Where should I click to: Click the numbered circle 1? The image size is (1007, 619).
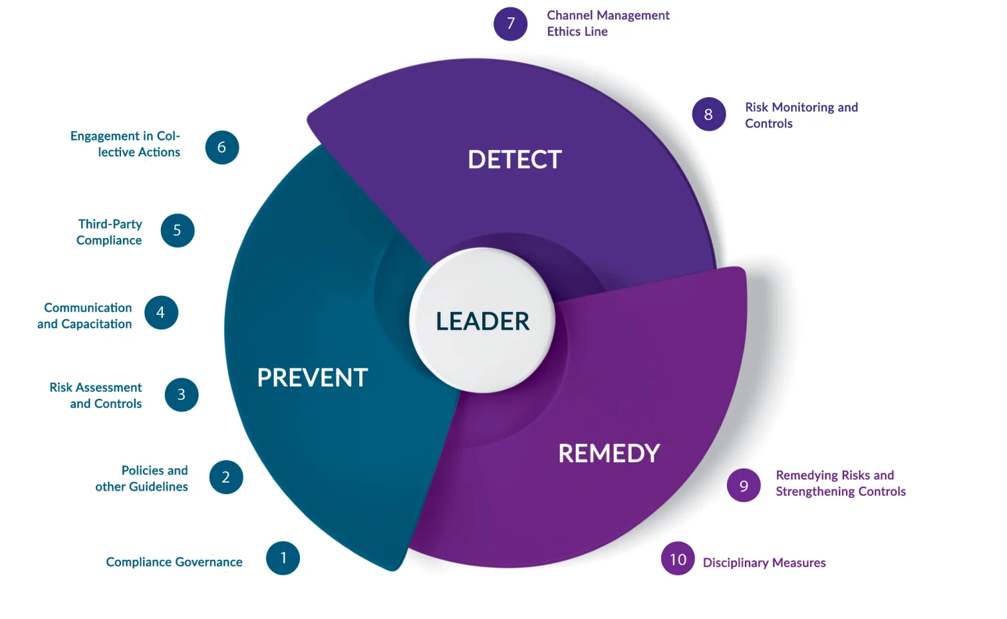283,558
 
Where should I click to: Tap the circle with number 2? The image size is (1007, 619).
226,477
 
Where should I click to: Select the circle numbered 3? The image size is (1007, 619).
182,394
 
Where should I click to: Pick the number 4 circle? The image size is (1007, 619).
162,313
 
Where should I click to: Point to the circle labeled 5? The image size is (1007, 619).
178,230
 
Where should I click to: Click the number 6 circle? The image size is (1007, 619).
222,147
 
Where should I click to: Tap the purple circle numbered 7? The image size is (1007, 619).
511,24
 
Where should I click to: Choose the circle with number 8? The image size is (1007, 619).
709,114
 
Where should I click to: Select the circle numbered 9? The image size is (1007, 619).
744,485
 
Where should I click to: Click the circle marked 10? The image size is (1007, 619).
678,559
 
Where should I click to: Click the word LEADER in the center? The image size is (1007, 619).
483,321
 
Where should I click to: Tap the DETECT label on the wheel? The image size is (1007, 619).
514,160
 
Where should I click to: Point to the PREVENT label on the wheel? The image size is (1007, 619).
312,377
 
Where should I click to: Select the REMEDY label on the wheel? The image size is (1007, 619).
609,453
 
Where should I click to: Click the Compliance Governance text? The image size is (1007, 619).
174,562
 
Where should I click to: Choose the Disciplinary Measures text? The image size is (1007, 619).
764,562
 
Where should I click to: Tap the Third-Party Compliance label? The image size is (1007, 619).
109,232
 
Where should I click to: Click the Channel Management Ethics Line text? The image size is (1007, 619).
608,23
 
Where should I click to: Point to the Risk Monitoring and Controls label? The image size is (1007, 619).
802,115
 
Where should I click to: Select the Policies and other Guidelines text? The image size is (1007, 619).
142,478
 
